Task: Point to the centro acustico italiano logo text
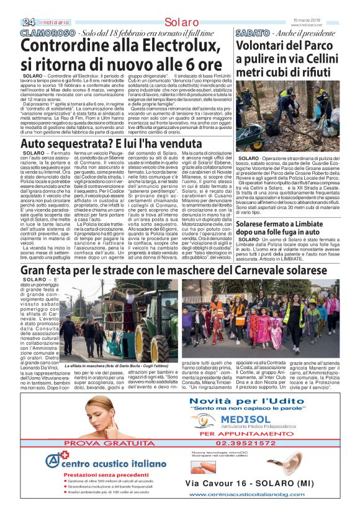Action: click(x=110, y=464)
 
